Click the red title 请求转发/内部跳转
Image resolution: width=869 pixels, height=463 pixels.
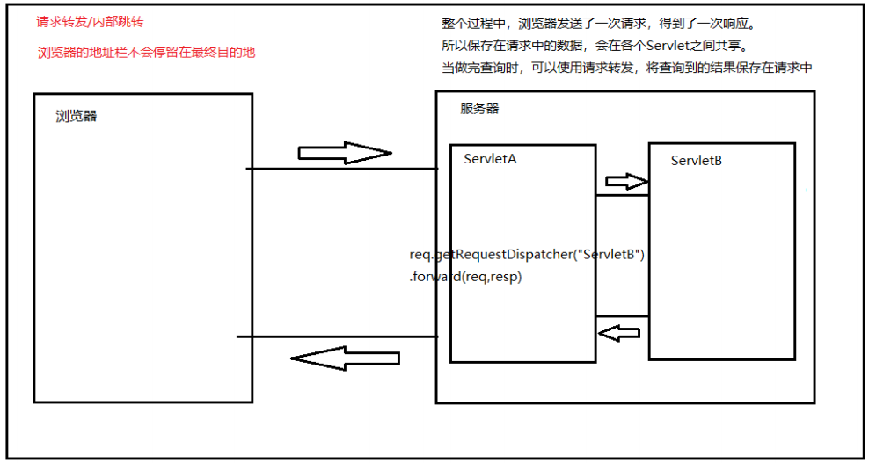(89, 22)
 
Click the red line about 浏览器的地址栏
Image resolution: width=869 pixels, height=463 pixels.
(146, 53)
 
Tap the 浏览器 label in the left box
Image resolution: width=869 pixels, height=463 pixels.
(77, 116)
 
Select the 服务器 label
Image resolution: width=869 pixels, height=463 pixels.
(479, 109)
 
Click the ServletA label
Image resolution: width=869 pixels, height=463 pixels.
(490, 159)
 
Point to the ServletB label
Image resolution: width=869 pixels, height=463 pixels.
(696, 161)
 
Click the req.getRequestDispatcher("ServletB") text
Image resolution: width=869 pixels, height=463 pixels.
(528, 256)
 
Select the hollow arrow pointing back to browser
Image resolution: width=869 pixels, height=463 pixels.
(344, 358)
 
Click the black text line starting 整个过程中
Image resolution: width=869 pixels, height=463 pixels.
(598, 23)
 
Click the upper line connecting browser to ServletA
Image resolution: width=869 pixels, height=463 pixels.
(343, 168)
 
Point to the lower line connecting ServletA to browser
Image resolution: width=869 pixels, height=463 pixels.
(338, 336)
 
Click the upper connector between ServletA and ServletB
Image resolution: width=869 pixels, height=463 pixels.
(622, 196)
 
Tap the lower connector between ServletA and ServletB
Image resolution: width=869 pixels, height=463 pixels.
(622, 316)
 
